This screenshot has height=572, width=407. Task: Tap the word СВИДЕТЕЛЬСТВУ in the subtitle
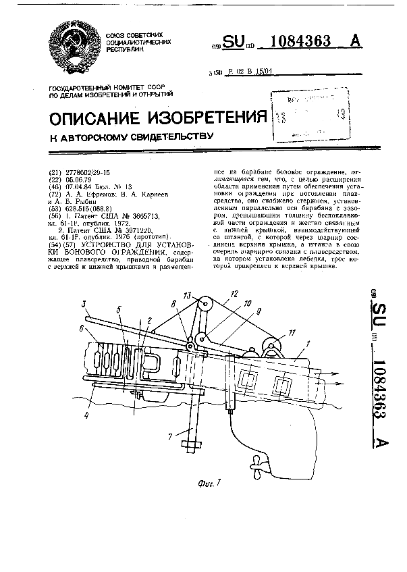click(167, 138)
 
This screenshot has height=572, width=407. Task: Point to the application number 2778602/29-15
click(95, 172)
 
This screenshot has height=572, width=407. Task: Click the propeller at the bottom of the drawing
click(256, 465)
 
